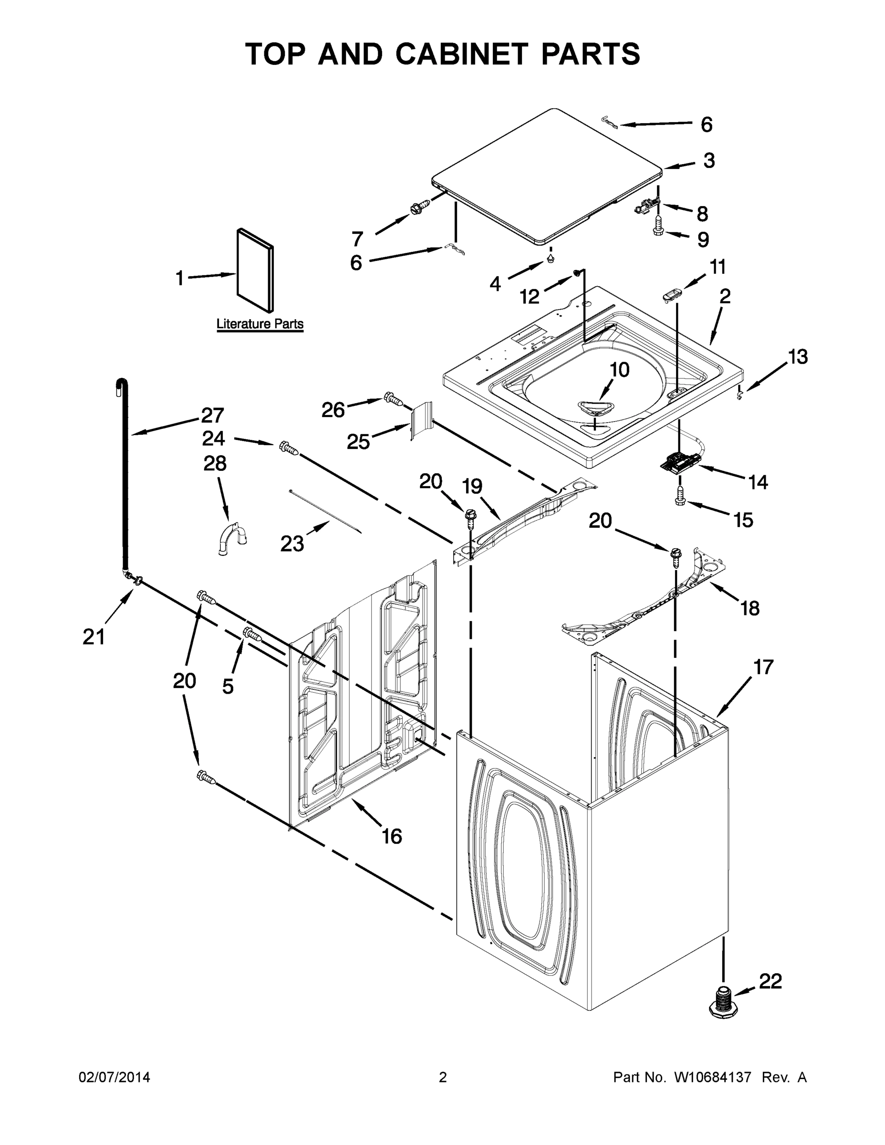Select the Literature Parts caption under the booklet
tap(260, 324)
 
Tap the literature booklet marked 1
tap(255, 270)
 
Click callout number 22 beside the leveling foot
tap(770, 980)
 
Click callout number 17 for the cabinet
tap(763, 667)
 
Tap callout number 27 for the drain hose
tap(212, 416)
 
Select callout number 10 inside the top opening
tap(619, 370)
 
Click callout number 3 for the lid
tap(709, 160)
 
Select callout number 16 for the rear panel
tap(392, 836)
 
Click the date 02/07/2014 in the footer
tap(115, 1077)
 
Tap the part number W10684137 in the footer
tap(712, 1077)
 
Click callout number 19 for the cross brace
tap(472, 486)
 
